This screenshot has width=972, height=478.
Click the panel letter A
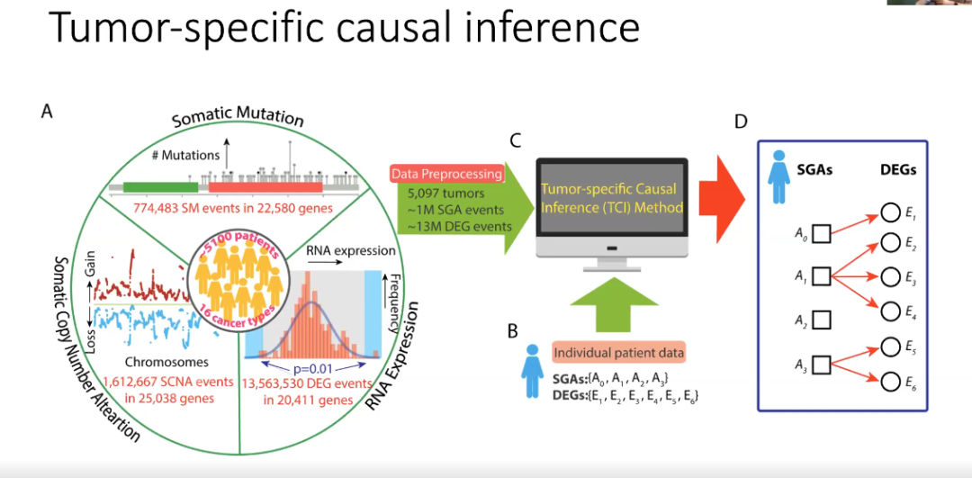(x=47, y=112)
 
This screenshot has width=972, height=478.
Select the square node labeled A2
(x=821, y=319)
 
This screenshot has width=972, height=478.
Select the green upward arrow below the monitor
(x=611, y=302)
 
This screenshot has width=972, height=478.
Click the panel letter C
(x=516, y=140)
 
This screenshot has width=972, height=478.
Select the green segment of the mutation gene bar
(x=160, y=187)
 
